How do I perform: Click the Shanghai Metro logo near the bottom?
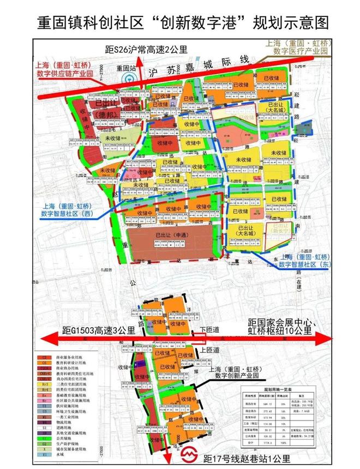point(187,454)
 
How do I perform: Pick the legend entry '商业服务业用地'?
point(68,356)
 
